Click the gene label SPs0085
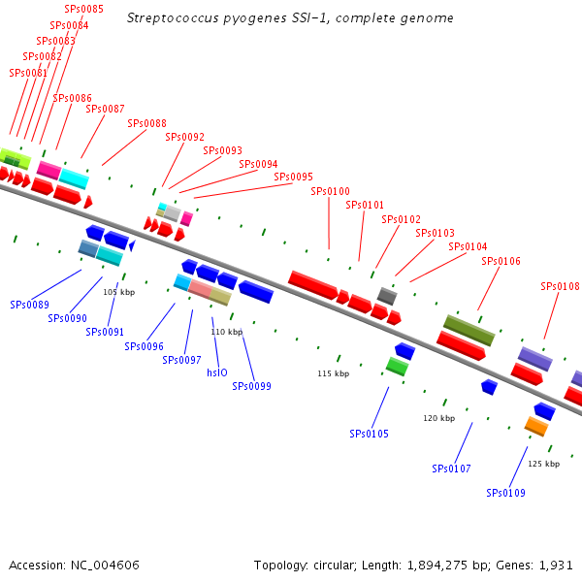click(83, 10)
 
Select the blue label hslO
click(217, 372)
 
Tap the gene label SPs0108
click(560, 287)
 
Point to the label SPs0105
click(369, 434)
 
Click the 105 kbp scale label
click(118, 292)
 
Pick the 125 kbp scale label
click(543, 464)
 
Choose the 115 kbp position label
click(333, 373)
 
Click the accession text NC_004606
click(104, 565)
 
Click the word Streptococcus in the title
click(171, 18)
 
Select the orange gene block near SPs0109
click(536, 426)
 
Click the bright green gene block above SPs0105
click(397, 366)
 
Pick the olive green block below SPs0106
click(469, 330)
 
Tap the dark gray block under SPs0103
click(387, 296)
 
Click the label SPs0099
click(251, 386)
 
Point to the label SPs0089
click(30, 305)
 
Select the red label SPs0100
click(330, 191)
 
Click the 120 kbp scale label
click(438, 418)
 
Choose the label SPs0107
click(451, 469)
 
